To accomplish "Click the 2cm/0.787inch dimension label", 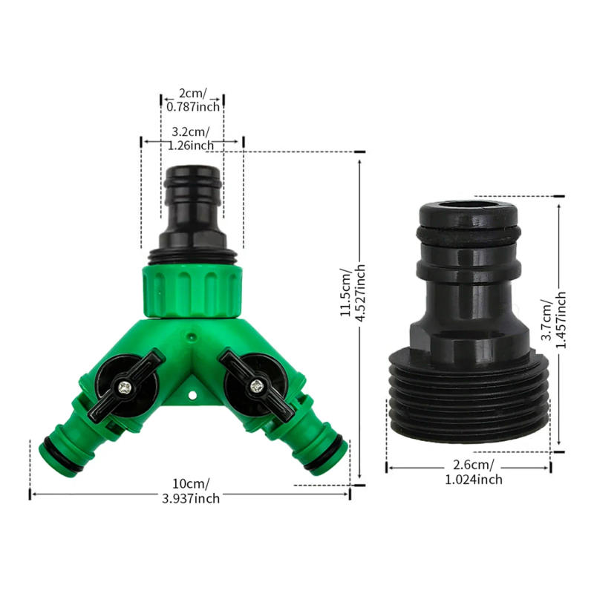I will [193, 100].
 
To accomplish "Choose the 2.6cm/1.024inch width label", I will [469, 473].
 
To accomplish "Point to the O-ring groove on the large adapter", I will [469, 235].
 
